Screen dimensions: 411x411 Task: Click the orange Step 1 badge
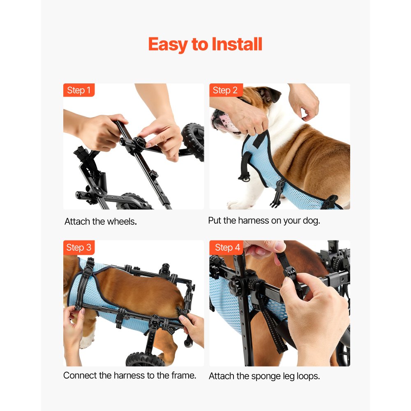(x=79, y=90)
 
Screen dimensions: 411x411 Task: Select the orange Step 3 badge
(x=79, y=247)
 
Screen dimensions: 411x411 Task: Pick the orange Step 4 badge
(x=226, y=247)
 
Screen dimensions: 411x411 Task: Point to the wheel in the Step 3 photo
(x=145, y=360)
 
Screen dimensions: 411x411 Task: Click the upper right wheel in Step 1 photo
(x=193, y=141)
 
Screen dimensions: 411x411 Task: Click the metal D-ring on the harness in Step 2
(x=245, y=179)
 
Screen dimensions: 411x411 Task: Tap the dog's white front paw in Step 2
(x=236, y=204)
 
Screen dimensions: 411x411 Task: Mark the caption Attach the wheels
(x=101, y=222)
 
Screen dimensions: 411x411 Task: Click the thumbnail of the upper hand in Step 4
(x=279, y=247)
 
